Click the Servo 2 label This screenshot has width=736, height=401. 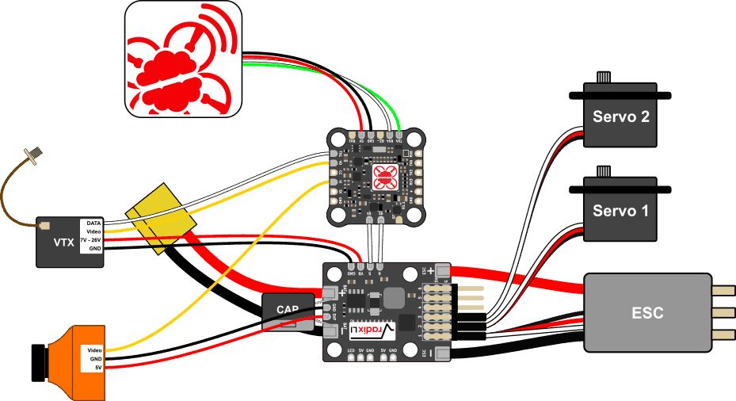[x=621, y=117]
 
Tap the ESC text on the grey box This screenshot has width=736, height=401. [x=647, y=313]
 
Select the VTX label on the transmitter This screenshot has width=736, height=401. [x=63, y=243]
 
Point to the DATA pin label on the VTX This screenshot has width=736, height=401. [x=93, y=224]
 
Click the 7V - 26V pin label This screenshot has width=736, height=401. [x=91, y=240]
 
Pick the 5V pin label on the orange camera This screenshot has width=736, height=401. [x=97, y=368]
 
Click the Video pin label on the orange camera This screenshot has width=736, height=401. [x=94, y=349]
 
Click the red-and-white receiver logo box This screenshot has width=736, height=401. [x=183, y=59]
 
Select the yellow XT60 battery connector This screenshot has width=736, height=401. [x=162, y=219]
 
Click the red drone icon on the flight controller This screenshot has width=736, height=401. [x=383, y=178]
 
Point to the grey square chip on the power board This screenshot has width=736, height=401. [x=394, y=299]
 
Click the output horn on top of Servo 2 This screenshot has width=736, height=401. [x=604, y=78]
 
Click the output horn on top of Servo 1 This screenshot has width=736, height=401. [x=604, y=171]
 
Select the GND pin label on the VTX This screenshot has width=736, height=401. [x=94, y=249]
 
